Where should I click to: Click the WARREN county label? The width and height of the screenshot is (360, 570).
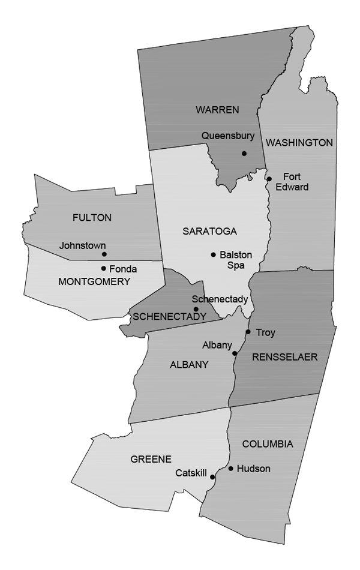[x=217, y=109]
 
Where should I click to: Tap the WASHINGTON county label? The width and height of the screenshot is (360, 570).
[x=299, y=143]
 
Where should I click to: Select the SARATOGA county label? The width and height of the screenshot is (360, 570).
[x=209, y=231]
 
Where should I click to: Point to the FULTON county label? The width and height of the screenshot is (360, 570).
[x=92, y=218]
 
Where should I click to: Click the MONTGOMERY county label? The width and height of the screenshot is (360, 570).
[x=94, y=281]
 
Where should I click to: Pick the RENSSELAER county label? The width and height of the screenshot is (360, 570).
[x=284, y=357]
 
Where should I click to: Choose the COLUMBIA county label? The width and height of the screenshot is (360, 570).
[x=268, y=444]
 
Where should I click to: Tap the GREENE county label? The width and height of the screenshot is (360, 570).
[x=151, y=459]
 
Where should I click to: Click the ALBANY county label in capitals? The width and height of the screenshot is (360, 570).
[x=189, y=364]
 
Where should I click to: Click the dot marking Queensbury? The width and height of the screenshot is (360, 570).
[x=244, y=154]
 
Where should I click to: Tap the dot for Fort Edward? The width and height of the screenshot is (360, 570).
[x=269, y=179]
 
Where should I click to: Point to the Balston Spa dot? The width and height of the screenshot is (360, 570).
[x=213, y=255]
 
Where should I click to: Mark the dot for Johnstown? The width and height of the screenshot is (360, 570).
[x=104, y=254]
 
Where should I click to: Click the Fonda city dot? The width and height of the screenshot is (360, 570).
[x=104, y=269]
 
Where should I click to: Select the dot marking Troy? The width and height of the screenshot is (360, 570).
[x=248, y=332]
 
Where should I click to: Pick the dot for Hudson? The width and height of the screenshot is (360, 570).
[x=231, y=469]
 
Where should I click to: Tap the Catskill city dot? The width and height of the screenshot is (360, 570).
[x=212, y=478]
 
